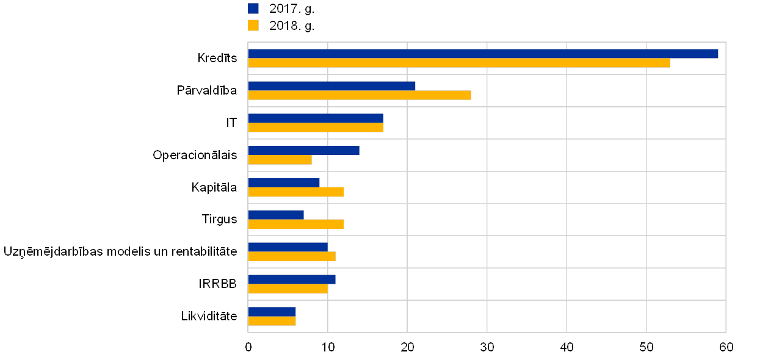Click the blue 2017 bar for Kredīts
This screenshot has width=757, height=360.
click(x=483, y=54)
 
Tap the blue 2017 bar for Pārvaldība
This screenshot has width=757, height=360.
click(x=331, y=86)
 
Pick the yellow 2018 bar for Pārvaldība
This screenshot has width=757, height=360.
click(x=360, y=95)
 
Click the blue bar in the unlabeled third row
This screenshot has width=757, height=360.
click(x=316, y=118)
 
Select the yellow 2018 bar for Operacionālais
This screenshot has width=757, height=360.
click(x=280, y=160)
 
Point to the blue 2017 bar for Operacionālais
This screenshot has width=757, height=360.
click(x=303, y=151)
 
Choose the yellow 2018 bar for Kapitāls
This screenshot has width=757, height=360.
click(x=295, y=192)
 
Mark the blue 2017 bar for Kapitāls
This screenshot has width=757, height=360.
click(x=284, y=183)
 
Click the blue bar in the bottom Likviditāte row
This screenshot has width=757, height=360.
click(x=272, y=312)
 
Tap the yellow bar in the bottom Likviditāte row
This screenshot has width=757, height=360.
click(x=272, y=321)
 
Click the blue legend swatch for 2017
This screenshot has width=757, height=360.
click(x=253, y=9)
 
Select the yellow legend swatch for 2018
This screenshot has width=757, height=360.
click(x=253, y=26)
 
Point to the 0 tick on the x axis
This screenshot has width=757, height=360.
click(x=248, y=347)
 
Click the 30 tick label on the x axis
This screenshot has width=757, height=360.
click(x=487, y=347)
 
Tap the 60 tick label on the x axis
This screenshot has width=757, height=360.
click(x=726, y=347)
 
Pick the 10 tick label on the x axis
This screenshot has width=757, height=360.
click(x=328, y=347)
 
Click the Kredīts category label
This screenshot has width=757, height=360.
click(x=218, y=59)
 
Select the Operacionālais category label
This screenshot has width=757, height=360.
click(x=195, y=155)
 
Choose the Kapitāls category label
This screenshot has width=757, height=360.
click(x=214, y=187)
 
